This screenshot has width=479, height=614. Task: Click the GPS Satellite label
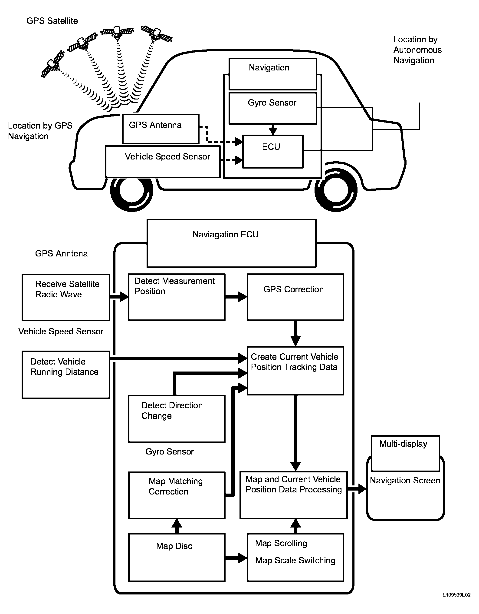[52, 21]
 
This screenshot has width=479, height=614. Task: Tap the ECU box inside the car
[272, 152]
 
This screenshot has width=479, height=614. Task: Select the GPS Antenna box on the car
[161, 129]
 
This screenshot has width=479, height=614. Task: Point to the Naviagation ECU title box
[231, 243]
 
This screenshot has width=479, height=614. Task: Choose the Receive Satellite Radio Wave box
[66, 297]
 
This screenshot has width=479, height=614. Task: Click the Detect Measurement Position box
[176, 297]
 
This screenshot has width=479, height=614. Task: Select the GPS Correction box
[295, 297]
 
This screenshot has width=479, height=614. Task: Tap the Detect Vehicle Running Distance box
[66, 375]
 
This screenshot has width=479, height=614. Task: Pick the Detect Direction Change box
[176, 419]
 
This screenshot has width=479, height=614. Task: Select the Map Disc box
[176, 557]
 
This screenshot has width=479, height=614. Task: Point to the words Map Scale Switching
[295, 560]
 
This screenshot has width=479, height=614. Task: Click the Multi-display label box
[405, 453]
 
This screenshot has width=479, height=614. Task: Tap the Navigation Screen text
[405, 481]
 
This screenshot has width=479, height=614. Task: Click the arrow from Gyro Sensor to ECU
[273, 129]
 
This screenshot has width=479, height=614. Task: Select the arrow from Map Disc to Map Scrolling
[236, 558]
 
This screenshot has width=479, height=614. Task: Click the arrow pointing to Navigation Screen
[357, 489]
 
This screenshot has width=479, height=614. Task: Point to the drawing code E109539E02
[456, 603]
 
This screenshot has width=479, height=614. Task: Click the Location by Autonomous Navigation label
[417, 50]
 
